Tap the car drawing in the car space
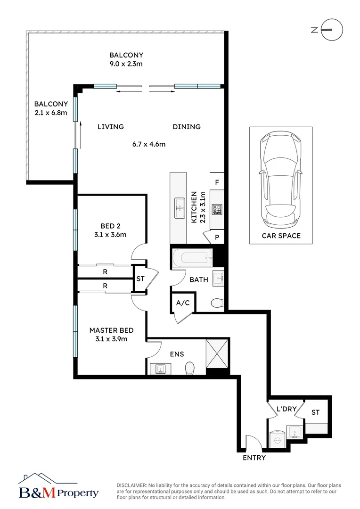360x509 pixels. click(x=281, y=180)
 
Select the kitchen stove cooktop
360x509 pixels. click(x=217, y=209)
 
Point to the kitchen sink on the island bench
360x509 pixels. click(x=180, y=208)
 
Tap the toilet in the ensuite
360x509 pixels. click(x=189, y=369)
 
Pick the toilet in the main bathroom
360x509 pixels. click(x=218, y=303)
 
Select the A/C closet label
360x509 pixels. click(x=183, y=303)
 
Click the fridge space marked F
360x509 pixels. click(x=217, y=182)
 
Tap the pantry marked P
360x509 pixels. click(x=217, y=237)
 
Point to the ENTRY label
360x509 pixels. click(x=254, y=458)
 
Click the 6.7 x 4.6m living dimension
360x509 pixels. click(x=149, y=144)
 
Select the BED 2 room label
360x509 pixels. click(x=110, y=226)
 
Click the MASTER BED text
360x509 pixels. click(x=111, y=330)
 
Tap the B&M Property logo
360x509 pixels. click(x=58, y=487)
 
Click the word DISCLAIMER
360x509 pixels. click(x=132, y=485)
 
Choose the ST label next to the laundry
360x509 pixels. click(x=316, y=412)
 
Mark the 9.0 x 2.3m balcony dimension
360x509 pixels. click(x=126, y=64)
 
